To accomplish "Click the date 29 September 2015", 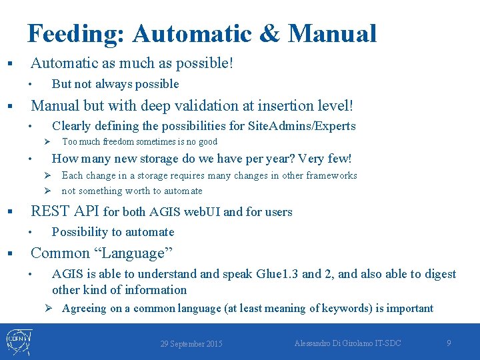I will (x=191, y=344).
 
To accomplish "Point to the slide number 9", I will (x=449, y=343).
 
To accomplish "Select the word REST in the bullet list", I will (x=51, y=212).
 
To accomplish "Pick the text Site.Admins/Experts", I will (x=301, y=126).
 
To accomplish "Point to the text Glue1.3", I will (x=274, y=274).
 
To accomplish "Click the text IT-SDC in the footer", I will (x=386, y=343).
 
